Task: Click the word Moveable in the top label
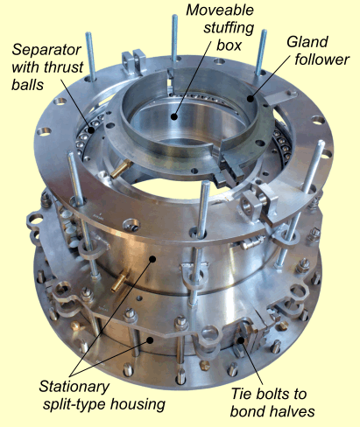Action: coord(220,10)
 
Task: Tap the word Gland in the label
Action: coord(307,42)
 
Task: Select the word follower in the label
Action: coord(322,59)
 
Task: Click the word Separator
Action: coord(46,51)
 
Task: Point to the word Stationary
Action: coord(74,387)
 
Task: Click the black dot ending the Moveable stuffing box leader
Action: coord(174,116)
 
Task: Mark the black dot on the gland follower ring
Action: coord(251,99)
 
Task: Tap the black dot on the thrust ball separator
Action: coord(91,130)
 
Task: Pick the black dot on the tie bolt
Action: coord(241,339)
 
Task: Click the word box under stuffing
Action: coord(229,45)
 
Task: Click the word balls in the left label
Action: coord(28,85)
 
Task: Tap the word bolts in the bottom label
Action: coord(273,394)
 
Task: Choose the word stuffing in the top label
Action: coord(229,28)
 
